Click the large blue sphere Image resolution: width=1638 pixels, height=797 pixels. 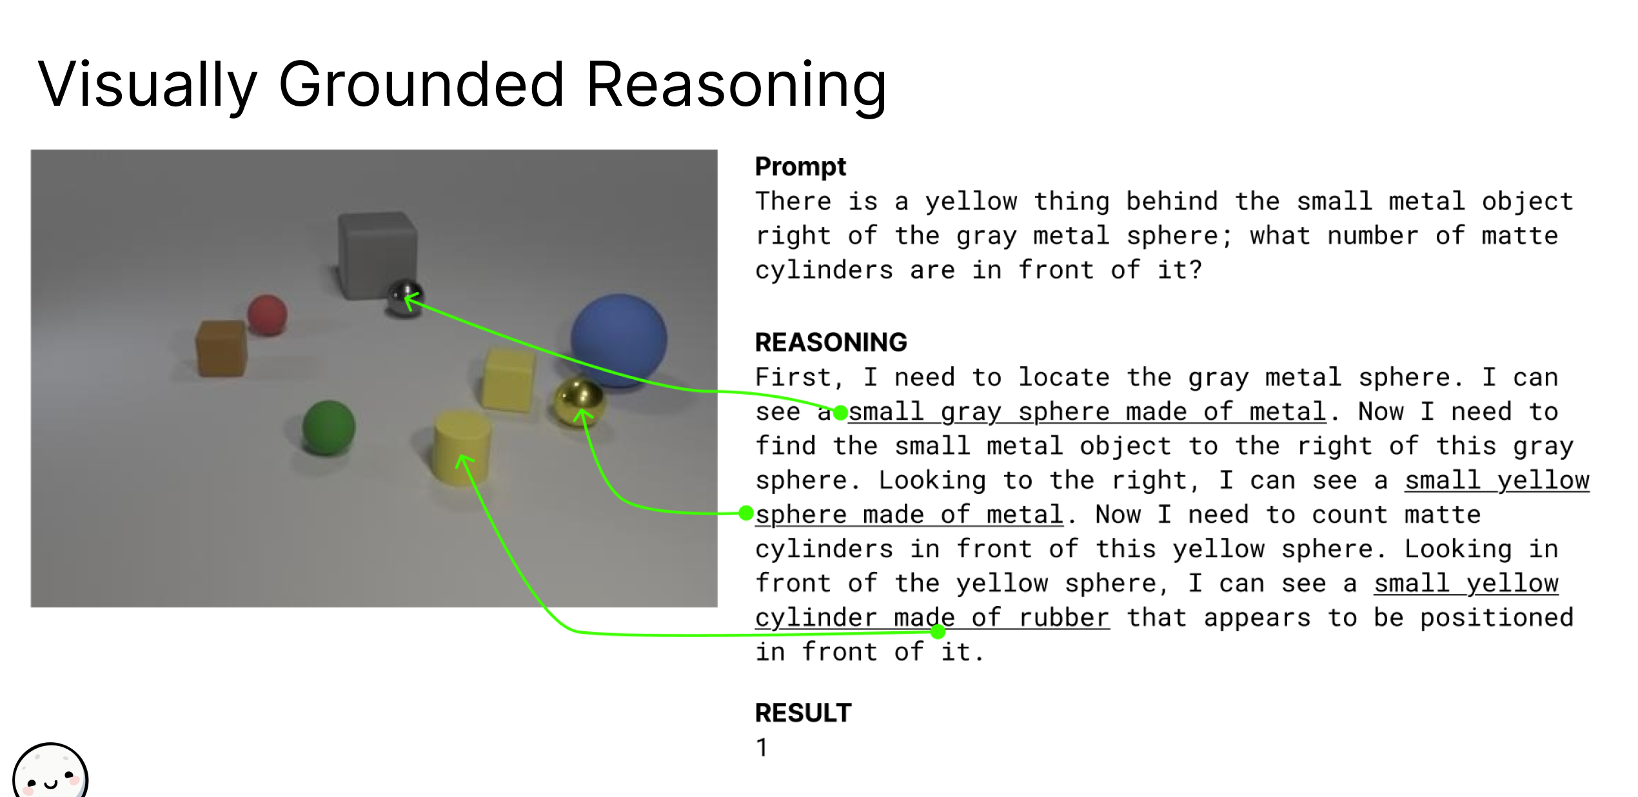[x=618, y=339]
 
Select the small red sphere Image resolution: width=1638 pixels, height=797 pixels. [x=267, y=315]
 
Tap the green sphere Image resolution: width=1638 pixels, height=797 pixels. [x=328, y=427]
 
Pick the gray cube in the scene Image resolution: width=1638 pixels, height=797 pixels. [x=377, y=255]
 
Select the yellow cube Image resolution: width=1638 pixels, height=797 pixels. [x=508, y=379]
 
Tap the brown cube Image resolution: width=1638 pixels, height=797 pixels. [x=221, y=348]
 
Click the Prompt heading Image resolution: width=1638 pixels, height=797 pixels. [x=800, y=167]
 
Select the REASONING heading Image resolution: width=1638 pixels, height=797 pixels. [x=831, y=342]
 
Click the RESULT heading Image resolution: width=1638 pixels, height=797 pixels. [x=803, y=713]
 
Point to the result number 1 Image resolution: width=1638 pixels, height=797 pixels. [x=762, y=748]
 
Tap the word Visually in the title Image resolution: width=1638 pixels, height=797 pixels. [x=147, y=84]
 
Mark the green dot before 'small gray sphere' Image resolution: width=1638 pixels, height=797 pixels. [x=840, y=413]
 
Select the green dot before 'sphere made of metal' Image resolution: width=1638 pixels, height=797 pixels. [x=746, y=513]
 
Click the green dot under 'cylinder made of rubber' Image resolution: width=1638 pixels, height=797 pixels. [x=938, y=632]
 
